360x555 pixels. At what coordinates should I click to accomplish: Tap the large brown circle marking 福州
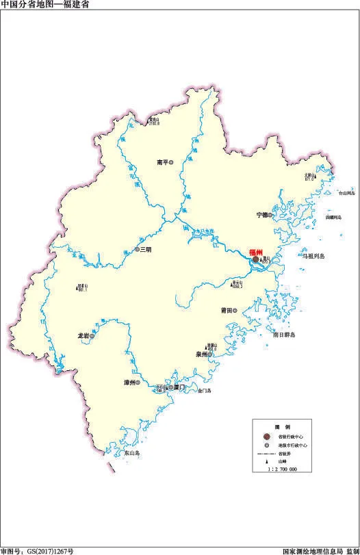[255, 260]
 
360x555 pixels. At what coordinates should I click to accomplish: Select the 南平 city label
[162, 162]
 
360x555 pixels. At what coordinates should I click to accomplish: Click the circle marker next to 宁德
[270, 215]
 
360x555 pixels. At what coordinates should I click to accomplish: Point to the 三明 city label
[146, 250]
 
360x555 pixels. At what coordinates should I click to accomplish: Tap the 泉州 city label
[201, 354]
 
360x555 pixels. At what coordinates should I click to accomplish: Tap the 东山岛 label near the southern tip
[131, 452]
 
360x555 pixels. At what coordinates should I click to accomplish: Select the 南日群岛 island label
[283, 335]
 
